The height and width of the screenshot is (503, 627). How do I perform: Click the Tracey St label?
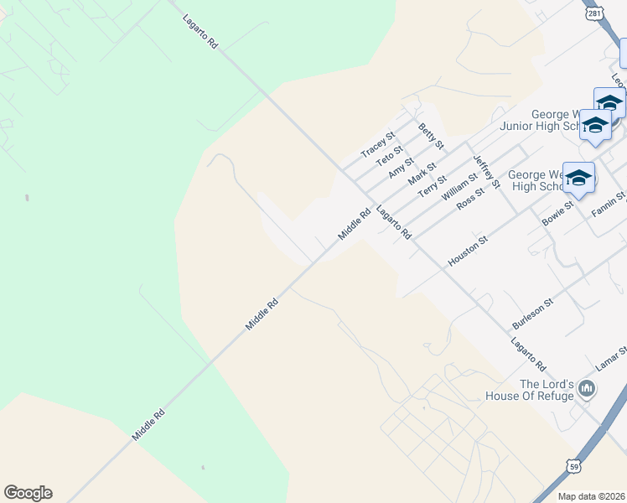pos(377,143)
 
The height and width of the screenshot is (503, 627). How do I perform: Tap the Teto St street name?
pos(389,154)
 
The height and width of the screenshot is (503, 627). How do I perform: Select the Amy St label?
pos(402,167)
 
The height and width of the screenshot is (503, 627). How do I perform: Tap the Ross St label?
pos(470,199)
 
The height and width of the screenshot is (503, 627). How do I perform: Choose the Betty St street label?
pos(431,137)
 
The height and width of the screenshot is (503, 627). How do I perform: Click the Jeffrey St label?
pos(486,171)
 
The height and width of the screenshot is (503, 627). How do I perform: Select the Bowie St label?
pos(557,211)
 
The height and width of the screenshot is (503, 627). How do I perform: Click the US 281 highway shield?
pos(593,15)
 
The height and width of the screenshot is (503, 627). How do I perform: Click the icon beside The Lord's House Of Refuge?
pos(587,388)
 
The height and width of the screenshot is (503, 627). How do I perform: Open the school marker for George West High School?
pos(578,177)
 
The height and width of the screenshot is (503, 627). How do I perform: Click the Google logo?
pos(28,493)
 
